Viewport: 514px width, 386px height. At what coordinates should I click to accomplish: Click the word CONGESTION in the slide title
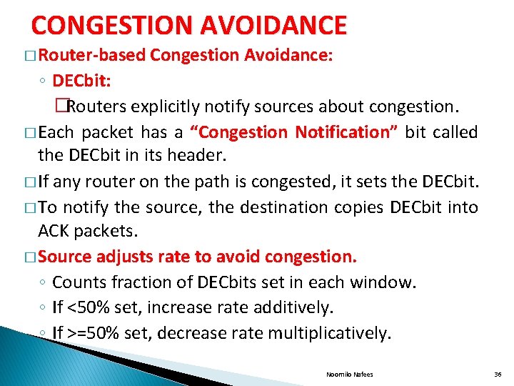(113, 26)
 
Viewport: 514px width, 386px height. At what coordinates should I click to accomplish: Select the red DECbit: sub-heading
(81, 81)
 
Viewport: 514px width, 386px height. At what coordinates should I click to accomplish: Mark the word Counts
(77, 282)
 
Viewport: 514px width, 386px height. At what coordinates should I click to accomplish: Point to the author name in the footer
(349, 374)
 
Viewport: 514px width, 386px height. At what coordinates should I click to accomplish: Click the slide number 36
(498, 374)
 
